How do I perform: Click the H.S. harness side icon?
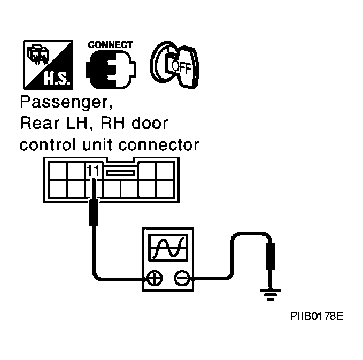(x=48, y=65)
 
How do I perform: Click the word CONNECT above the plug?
(x=111, y=45)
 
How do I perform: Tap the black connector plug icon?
(x=111, y=70)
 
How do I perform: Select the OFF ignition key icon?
(x=175, y=65)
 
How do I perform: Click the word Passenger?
(x=66, y=102)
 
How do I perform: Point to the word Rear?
(x=40, y=123)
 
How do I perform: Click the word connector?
(x=159, y=145)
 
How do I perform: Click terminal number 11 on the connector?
(x=93, y=171)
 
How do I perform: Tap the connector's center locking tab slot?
(x=120, y=173)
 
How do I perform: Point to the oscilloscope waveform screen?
(x=168, y=248)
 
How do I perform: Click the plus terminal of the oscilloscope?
(x=155, y=278)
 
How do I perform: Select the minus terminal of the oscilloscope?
(x=182, y=278)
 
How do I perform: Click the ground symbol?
(x=271, y=295)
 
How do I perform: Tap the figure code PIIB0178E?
(x=316, y=316)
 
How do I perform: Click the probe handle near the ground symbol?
(x=271, y=256)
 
